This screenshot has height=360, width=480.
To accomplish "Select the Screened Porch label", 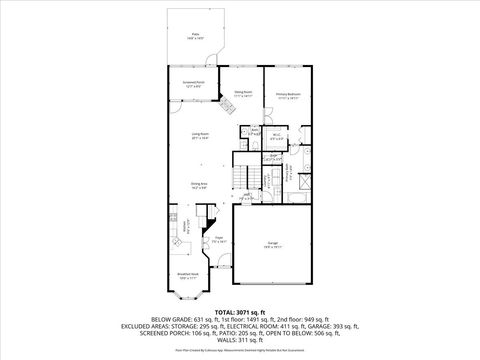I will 193,84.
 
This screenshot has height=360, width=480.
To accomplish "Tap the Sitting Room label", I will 242,96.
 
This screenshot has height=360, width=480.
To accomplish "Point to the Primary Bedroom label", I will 288,96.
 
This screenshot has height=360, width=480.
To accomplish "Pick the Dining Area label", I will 199,184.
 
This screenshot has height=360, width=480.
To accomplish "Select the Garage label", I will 272,244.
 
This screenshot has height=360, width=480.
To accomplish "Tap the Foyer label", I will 217,240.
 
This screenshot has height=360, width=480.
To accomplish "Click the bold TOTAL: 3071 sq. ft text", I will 240,313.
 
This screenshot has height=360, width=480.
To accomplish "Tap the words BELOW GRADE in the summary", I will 171,320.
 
